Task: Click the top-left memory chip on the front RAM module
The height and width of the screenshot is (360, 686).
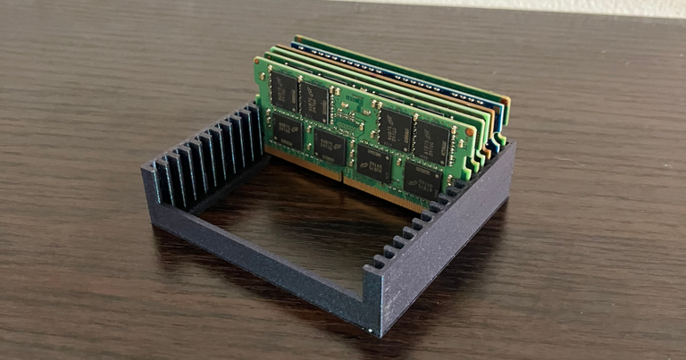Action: click(284, 90)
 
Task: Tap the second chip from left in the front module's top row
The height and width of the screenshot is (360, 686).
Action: click(314, 102)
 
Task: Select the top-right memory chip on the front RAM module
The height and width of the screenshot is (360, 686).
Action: click(431, 141)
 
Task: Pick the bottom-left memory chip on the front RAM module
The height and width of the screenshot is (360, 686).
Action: click(286, 130)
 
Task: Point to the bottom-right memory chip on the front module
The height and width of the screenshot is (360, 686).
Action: click(422, 181)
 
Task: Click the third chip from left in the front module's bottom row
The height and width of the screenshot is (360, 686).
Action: click(373, 163)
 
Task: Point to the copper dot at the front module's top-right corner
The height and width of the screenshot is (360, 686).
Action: click(470, 131)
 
